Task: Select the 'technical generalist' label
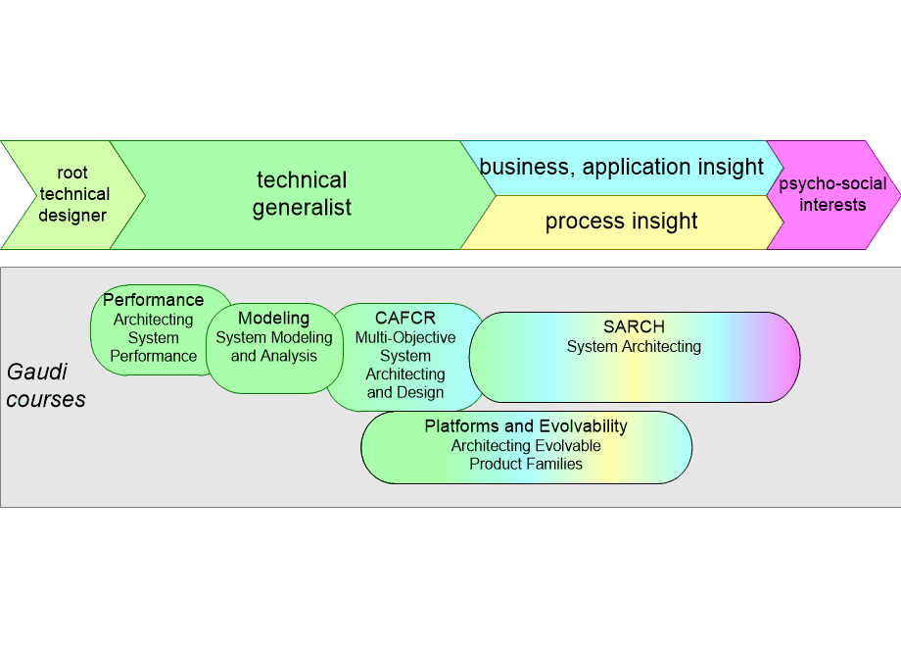tap(302, 194)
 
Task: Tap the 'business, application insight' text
tap(621, 167)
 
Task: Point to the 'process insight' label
tap(621, 222)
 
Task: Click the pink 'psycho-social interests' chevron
tap(832, 194)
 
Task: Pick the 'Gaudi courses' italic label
tap(46, 386)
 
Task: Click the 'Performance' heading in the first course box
tap(154, 300)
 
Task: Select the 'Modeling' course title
tap(273, 318)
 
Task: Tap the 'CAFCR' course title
tap(404, 318)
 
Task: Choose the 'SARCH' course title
tap(634, 327)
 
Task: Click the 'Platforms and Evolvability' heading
tap(526, 426)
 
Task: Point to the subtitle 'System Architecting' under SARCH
tap(634, 346)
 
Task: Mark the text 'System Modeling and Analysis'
tap(274, 347)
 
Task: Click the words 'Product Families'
tap(526, 464)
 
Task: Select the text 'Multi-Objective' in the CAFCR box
tap(404, 337)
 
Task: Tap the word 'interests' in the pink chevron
tap(832, 205)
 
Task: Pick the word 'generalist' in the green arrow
tap(302, 208)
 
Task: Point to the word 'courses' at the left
tap(46, 400)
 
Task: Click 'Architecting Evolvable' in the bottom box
tap(526, 446)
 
